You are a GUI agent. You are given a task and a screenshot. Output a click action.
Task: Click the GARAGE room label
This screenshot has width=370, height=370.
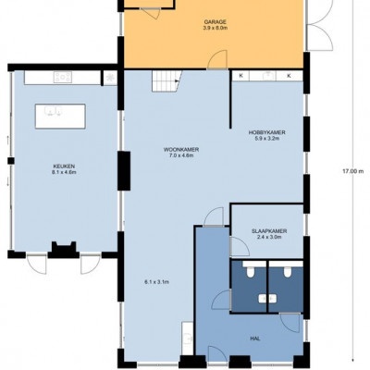point(216,22)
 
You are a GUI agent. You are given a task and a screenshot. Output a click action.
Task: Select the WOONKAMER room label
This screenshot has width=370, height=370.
point(181,150)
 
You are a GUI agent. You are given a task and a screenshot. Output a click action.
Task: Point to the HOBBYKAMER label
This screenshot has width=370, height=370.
point(267,132)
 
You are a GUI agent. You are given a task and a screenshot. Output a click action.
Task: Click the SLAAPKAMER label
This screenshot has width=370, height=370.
point(269,231)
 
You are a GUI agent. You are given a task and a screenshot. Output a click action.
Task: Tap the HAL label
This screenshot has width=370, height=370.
point(255,339)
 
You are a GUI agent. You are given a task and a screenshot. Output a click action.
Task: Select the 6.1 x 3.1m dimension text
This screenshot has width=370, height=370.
point(156,282)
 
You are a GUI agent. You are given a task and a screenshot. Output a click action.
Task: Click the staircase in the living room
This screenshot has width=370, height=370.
point(166,80)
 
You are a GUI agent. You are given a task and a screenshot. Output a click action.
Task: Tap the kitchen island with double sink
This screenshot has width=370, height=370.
point(60,117)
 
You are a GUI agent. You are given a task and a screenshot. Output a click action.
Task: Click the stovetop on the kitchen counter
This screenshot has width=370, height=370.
point(63,77)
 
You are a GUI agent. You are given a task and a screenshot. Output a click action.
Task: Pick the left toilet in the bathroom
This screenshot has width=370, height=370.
point(250,271)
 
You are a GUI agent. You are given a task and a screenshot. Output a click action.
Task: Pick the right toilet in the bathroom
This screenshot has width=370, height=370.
point(288,271)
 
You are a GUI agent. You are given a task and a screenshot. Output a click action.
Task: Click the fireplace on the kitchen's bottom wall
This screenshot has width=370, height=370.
point(64,250)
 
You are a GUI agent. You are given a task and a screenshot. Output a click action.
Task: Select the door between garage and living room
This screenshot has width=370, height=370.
point(217,60)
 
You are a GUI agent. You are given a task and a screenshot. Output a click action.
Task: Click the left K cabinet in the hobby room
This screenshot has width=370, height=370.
point(240,76)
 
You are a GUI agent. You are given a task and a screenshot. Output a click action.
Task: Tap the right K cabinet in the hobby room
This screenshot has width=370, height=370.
point(290,76)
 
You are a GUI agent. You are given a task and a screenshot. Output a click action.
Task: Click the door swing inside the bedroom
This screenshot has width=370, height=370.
point(240,246)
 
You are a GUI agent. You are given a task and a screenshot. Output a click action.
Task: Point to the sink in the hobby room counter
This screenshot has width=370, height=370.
point(267,75)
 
